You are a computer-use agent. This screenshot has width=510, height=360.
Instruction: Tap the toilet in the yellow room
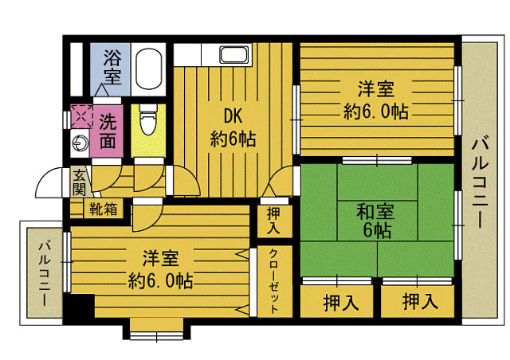pos(148,119)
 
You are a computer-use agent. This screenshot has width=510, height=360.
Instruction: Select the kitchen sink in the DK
pos(234,54)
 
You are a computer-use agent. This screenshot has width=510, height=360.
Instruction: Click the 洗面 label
pos(108,131)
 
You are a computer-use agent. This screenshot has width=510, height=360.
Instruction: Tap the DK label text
pos(233,115)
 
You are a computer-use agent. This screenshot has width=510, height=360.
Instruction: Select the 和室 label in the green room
pos(375,211)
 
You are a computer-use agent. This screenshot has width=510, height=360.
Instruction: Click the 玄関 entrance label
pos(79,183)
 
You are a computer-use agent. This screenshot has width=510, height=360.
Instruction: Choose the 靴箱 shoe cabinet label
pos(103,209)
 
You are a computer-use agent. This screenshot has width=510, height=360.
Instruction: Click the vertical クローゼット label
pos(274,280)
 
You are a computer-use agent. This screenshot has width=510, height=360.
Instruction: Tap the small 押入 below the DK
pos(273,221)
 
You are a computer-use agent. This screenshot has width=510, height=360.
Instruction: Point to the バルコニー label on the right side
pos(480,182)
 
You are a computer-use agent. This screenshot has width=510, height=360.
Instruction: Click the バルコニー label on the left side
pos(45,272)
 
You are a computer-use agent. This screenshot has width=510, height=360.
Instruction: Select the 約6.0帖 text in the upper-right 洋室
pos(376,112)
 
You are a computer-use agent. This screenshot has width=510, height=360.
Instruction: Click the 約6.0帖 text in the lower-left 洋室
pos(160,280)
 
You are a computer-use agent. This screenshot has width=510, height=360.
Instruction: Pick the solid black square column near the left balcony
pos(79,306)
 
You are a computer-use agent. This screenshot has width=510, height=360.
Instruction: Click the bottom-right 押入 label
pos(420,301)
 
